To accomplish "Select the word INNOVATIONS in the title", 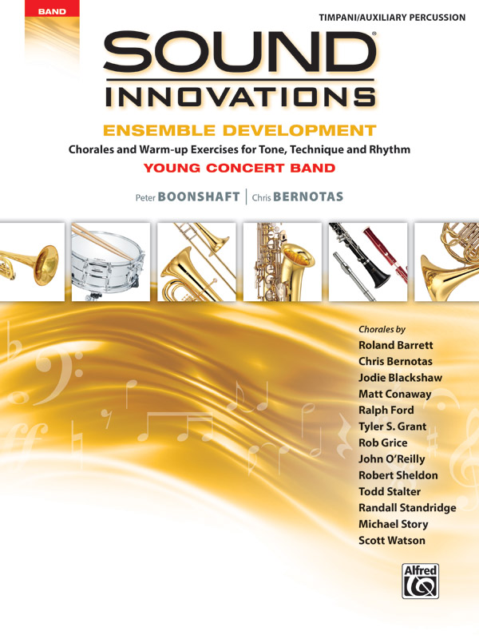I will (239, 97).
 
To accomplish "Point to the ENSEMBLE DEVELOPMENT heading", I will (239, 129).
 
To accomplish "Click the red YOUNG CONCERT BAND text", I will (239, 168).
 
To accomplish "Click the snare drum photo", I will (110, 261).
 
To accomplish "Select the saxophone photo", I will (282, 261).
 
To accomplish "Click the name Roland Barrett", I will (396, 345).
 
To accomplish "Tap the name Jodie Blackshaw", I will (400, 378).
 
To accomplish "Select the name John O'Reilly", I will (391, 459).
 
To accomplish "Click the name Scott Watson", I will (392, 541).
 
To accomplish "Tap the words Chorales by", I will (382, 329).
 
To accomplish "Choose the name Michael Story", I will (394, 524).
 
